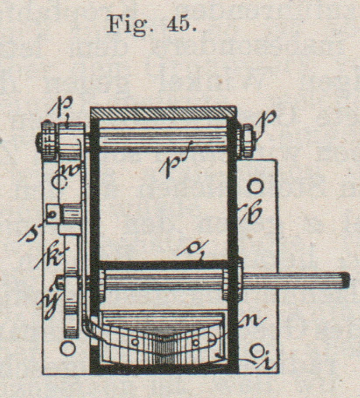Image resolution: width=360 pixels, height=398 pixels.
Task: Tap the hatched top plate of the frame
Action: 163,112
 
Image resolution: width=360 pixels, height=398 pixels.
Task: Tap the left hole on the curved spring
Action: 135,341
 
